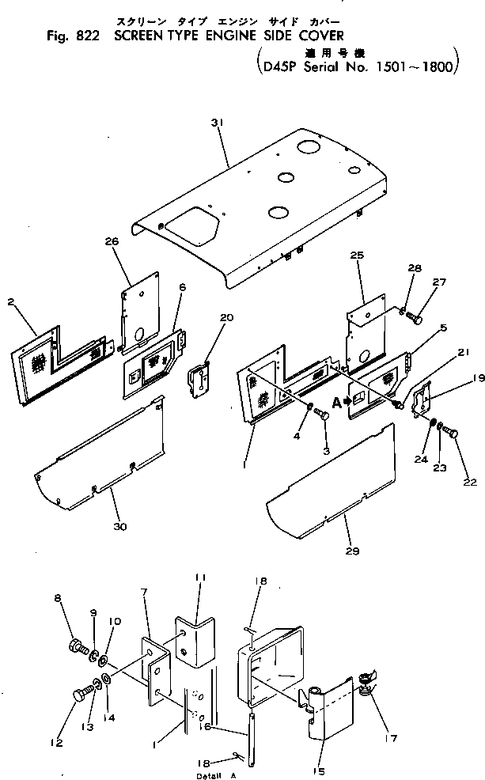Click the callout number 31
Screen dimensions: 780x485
[x=218, y=123]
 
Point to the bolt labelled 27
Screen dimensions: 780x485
[x=416, y=317]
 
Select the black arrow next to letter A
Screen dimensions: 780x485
[x=345, y=402]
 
